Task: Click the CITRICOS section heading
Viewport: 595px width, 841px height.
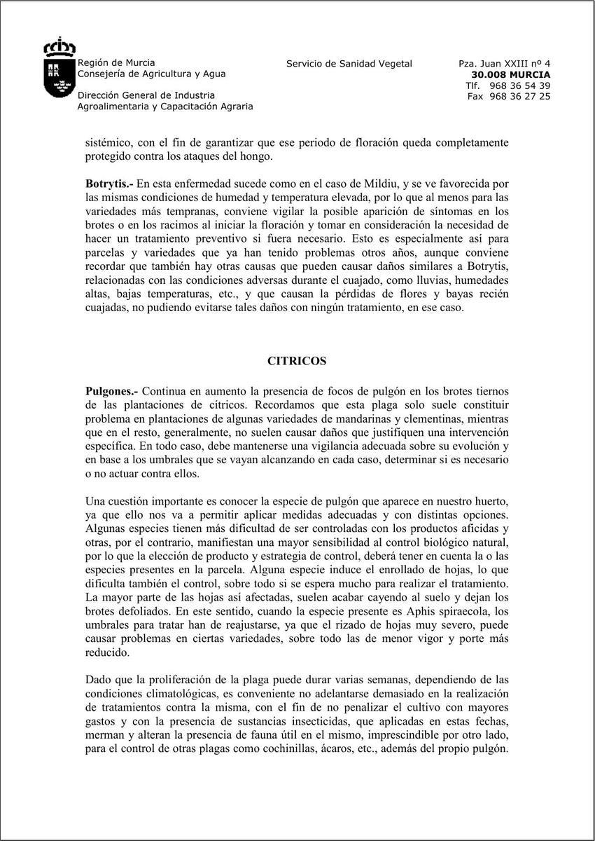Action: click(x=297, y=362)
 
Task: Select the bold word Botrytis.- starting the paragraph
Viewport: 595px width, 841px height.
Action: click(x=109, y=184)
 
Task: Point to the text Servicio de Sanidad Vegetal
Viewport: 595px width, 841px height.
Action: click(x=349, y=64)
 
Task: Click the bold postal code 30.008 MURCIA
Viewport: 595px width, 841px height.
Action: click(x=510, y=74)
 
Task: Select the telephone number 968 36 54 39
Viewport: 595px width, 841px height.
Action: click(x=520, y=86)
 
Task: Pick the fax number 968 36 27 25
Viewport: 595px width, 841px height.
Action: click(x=520, y=96)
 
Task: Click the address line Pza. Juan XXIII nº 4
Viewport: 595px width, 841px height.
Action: click(x=504, y=64)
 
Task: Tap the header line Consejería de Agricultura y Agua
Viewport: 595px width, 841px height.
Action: click(x=151, y=74)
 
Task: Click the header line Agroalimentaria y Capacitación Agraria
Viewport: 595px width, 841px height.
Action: click(x=165, y=107)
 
